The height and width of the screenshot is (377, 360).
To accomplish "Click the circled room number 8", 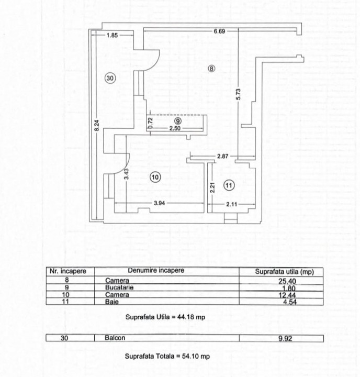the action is pyautogui.click(x=211, y=69).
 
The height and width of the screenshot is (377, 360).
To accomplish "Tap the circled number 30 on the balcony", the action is pyautogui.click(x=110, y=78).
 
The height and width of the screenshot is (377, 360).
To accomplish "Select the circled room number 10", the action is pyautogui.click(x=155, y=177).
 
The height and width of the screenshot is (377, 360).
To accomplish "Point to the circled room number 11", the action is pyautogui.click(x=229, y=185).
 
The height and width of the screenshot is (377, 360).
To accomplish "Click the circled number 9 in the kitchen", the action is pyautogui.click(x=177, y=121).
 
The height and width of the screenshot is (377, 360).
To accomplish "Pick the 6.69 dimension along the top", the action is pyautogui.click(x=219, y=31).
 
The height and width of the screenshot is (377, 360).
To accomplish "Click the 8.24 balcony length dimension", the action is pyautogui.click(x=97, y=126).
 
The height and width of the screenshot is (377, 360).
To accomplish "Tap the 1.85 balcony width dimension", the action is pyautogui.click(x=112, y=36).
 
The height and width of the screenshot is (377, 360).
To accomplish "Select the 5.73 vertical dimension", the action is pyautogui.click(x=238, y=94).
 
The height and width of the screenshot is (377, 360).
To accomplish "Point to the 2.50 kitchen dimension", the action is pyautogui.click(x=175, y=128).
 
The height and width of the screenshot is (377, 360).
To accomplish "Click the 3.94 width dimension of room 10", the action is pyautogui.click(x=160, y=203).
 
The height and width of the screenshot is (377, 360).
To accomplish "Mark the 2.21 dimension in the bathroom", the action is pyautogui.click(x=212, y=188).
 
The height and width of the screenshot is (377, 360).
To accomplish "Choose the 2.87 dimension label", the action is pyautogui.click(x=222, y=156).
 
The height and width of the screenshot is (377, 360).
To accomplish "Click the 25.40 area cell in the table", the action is pyautogui.click(x=287, y=281).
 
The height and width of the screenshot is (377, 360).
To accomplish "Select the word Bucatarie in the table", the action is pyautogui.click(x=119, y=287).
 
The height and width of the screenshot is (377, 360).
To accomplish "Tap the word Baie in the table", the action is pyautogui.click(x=112, y=302).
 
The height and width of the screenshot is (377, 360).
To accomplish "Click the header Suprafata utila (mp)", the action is pyautogui.click(x=284, y=272).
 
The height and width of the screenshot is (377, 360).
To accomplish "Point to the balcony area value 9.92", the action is pyautogui.click(x=285, y=339).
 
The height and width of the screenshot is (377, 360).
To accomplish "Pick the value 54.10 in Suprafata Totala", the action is pyautogui.click(x=189, y=356).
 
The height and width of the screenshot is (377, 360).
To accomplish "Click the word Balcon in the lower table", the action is pyautogui.click(x=115, y=338).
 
